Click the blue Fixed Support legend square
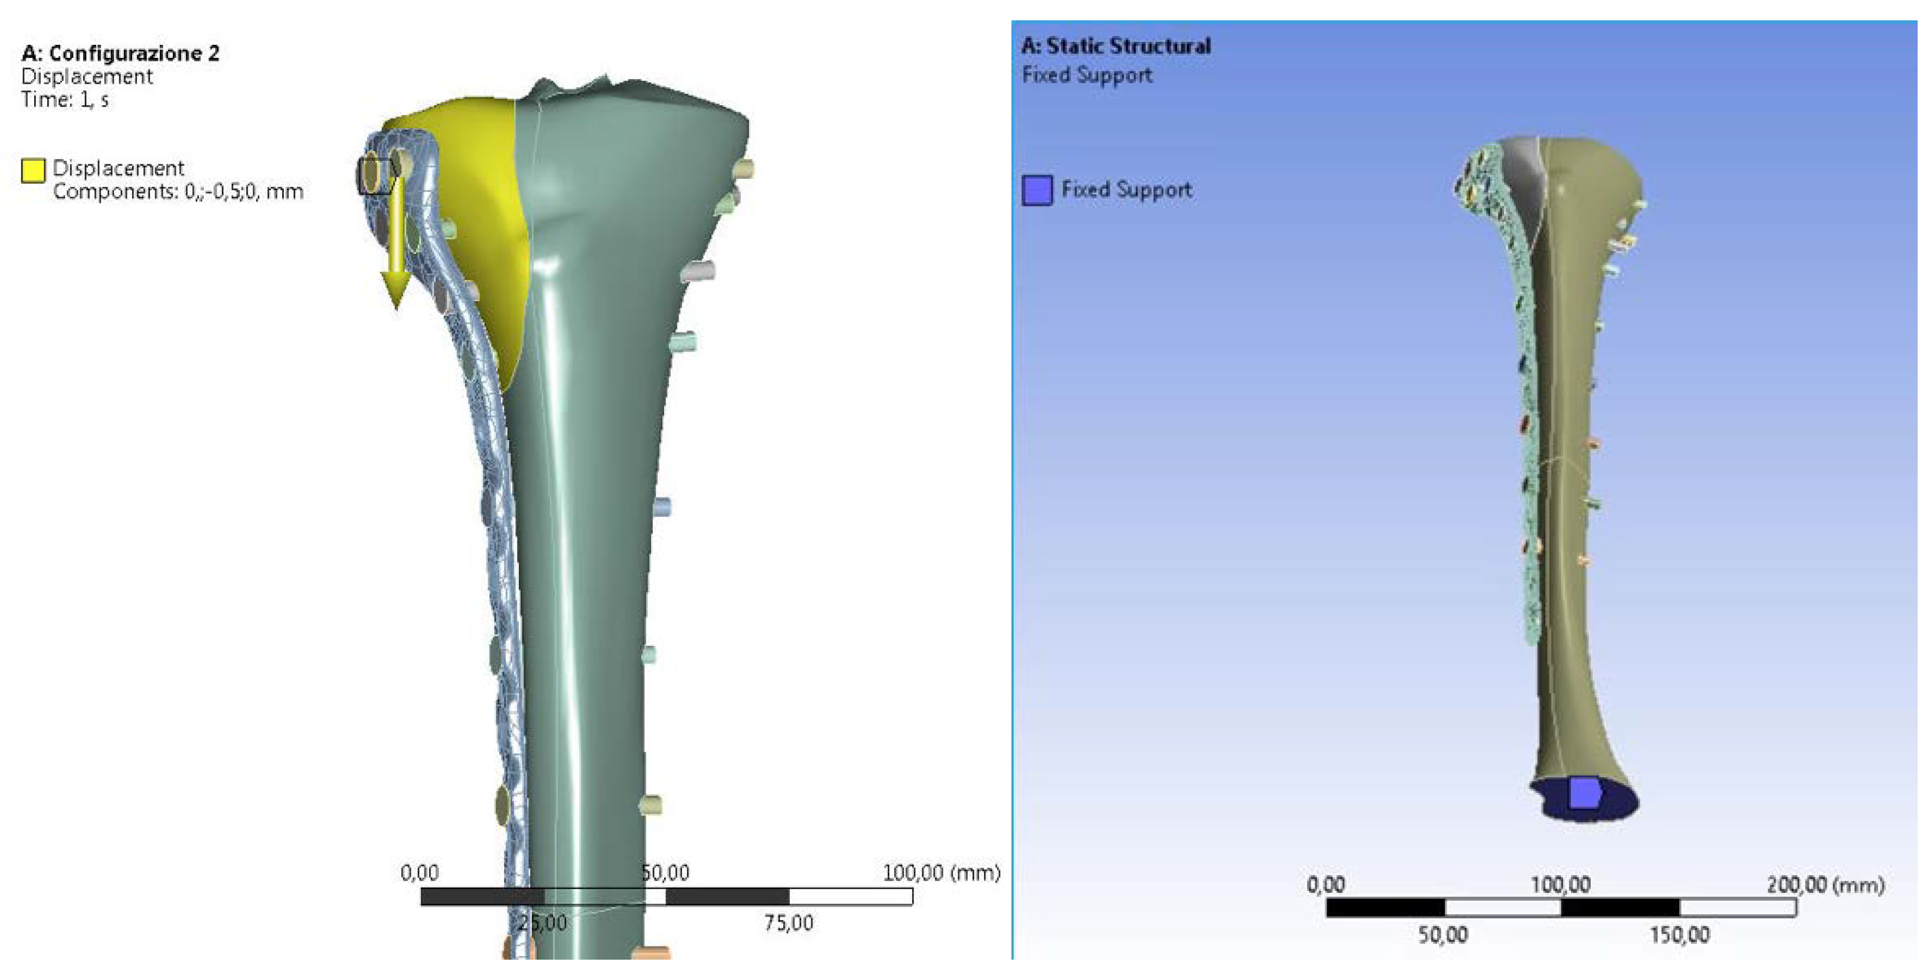[x=1037, y=190]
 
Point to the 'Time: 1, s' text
[x=65, y=100]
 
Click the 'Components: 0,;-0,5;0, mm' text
[x=178, y=192]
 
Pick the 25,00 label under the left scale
[x=543, y=923]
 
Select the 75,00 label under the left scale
[x=788, y=923]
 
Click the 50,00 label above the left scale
[x=666, y=873]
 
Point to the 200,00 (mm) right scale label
[x=1826, y=886]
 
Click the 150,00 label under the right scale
[x=1680, y=935]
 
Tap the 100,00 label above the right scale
[x=1561, y=886]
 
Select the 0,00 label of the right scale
[x=1325, y=886]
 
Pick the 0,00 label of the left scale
[x=420, y=873]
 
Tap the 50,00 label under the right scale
[x=1443, y=935]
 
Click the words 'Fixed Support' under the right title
[x=1087, y=76]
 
